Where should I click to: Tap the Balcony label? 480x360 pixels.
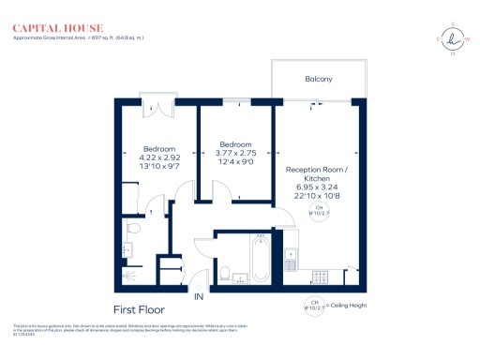(319, 79)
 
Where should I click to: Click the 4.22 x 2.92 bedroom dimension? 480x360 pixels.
(159, 157)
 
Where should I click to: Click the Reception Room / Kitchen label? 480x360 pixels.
(316, 175)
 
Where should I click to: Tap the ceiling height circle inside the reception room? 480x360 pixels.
(316, 211)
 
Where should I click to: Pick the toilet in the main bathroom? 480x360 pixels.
(226, 272)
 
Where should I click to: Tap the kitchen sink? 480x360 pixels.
(291, 253)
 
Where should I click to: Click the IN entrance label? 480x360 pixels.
(198, 297)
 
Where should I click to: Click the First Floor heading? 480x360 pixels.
(139, 307)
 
